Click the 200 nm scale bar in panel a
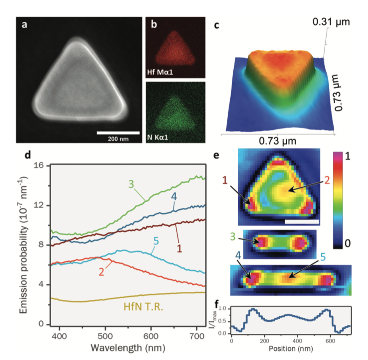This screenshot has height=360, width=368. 118,133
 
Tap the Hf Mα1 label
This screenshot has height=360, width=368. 161,73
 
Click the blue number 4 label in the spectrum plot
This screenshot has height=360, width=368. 174,197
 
